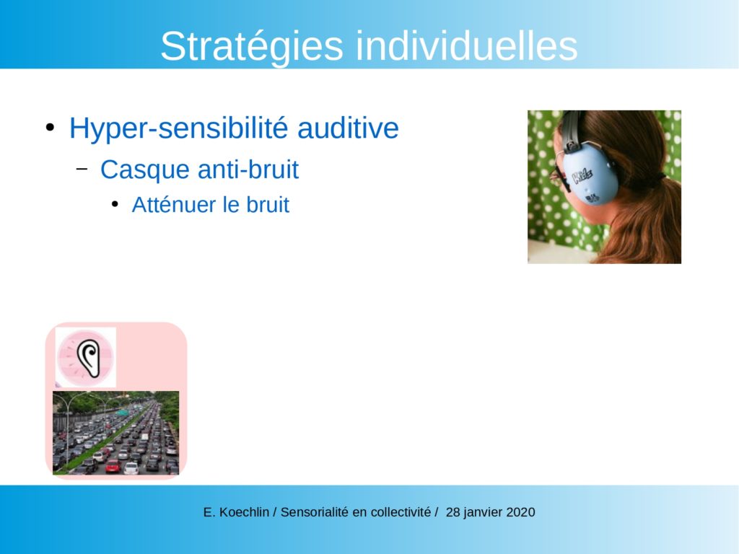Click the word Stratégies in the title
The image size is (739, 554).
(252, 46)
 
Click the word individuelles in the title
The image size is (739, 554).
(467, 45)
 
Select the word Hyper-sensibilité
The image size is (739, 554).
(178, 128)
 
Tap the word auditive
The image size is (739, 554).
(348, 128)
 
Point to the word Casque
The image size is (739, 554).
(144, 170)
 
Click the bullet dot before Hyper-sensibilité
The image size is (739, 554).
(50, 128)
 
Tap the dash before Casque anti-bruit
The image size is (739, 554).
(82, 169)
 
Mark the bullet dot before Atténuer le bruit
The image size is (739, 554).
(115, 205)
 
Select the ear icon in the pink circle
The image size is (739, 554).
(89, 358)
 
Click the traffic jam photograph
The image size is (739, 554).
(116, 433)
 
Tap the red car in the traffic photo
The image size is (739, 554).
(113, 467)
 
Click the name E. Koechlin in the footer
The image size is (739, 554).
(236, 512)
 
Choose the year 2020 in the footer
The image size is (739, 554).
(521, 512)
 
